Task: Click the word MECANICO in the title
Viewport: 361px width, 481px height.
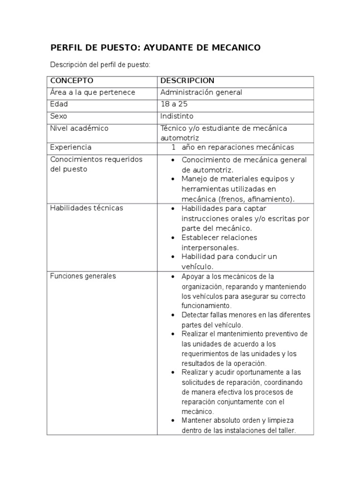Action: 235,47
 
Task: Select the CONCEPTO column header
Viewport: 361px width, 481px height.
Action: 71,81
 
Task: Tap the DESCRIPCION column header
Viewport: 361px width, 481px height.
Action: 187,81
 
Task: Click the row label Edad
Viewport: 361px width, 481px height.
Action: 59,104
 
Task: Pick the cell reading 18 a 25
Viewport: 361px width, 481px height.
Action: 174,104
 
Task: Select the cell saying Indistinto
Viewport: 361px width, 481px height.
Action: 177,116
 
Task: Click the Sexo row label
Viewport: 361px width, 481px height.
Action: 59,116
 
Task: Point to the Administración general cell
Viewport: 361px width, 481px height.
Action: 201,93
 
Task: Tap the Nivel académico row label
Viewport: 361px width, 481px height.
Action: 79,128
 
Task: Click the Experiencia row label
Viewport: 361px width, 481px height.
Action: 71,147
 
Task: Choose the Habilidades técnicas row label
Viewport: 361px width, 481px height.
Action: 86,208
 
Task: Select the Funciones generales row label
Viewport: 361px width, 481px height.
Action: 83,276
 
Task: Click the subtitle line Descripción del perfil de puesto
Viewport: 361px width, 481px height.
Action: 100,64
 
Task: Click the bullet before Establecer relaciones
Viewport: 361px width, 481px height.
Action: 173,238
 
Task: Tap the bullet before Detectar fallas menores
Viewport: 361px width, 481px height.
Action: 173,315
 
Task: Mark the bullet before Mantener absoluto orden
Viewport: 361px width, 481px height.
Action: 173,420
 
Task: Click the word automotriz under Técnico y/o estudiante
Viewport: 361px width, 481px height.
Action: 180,138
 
